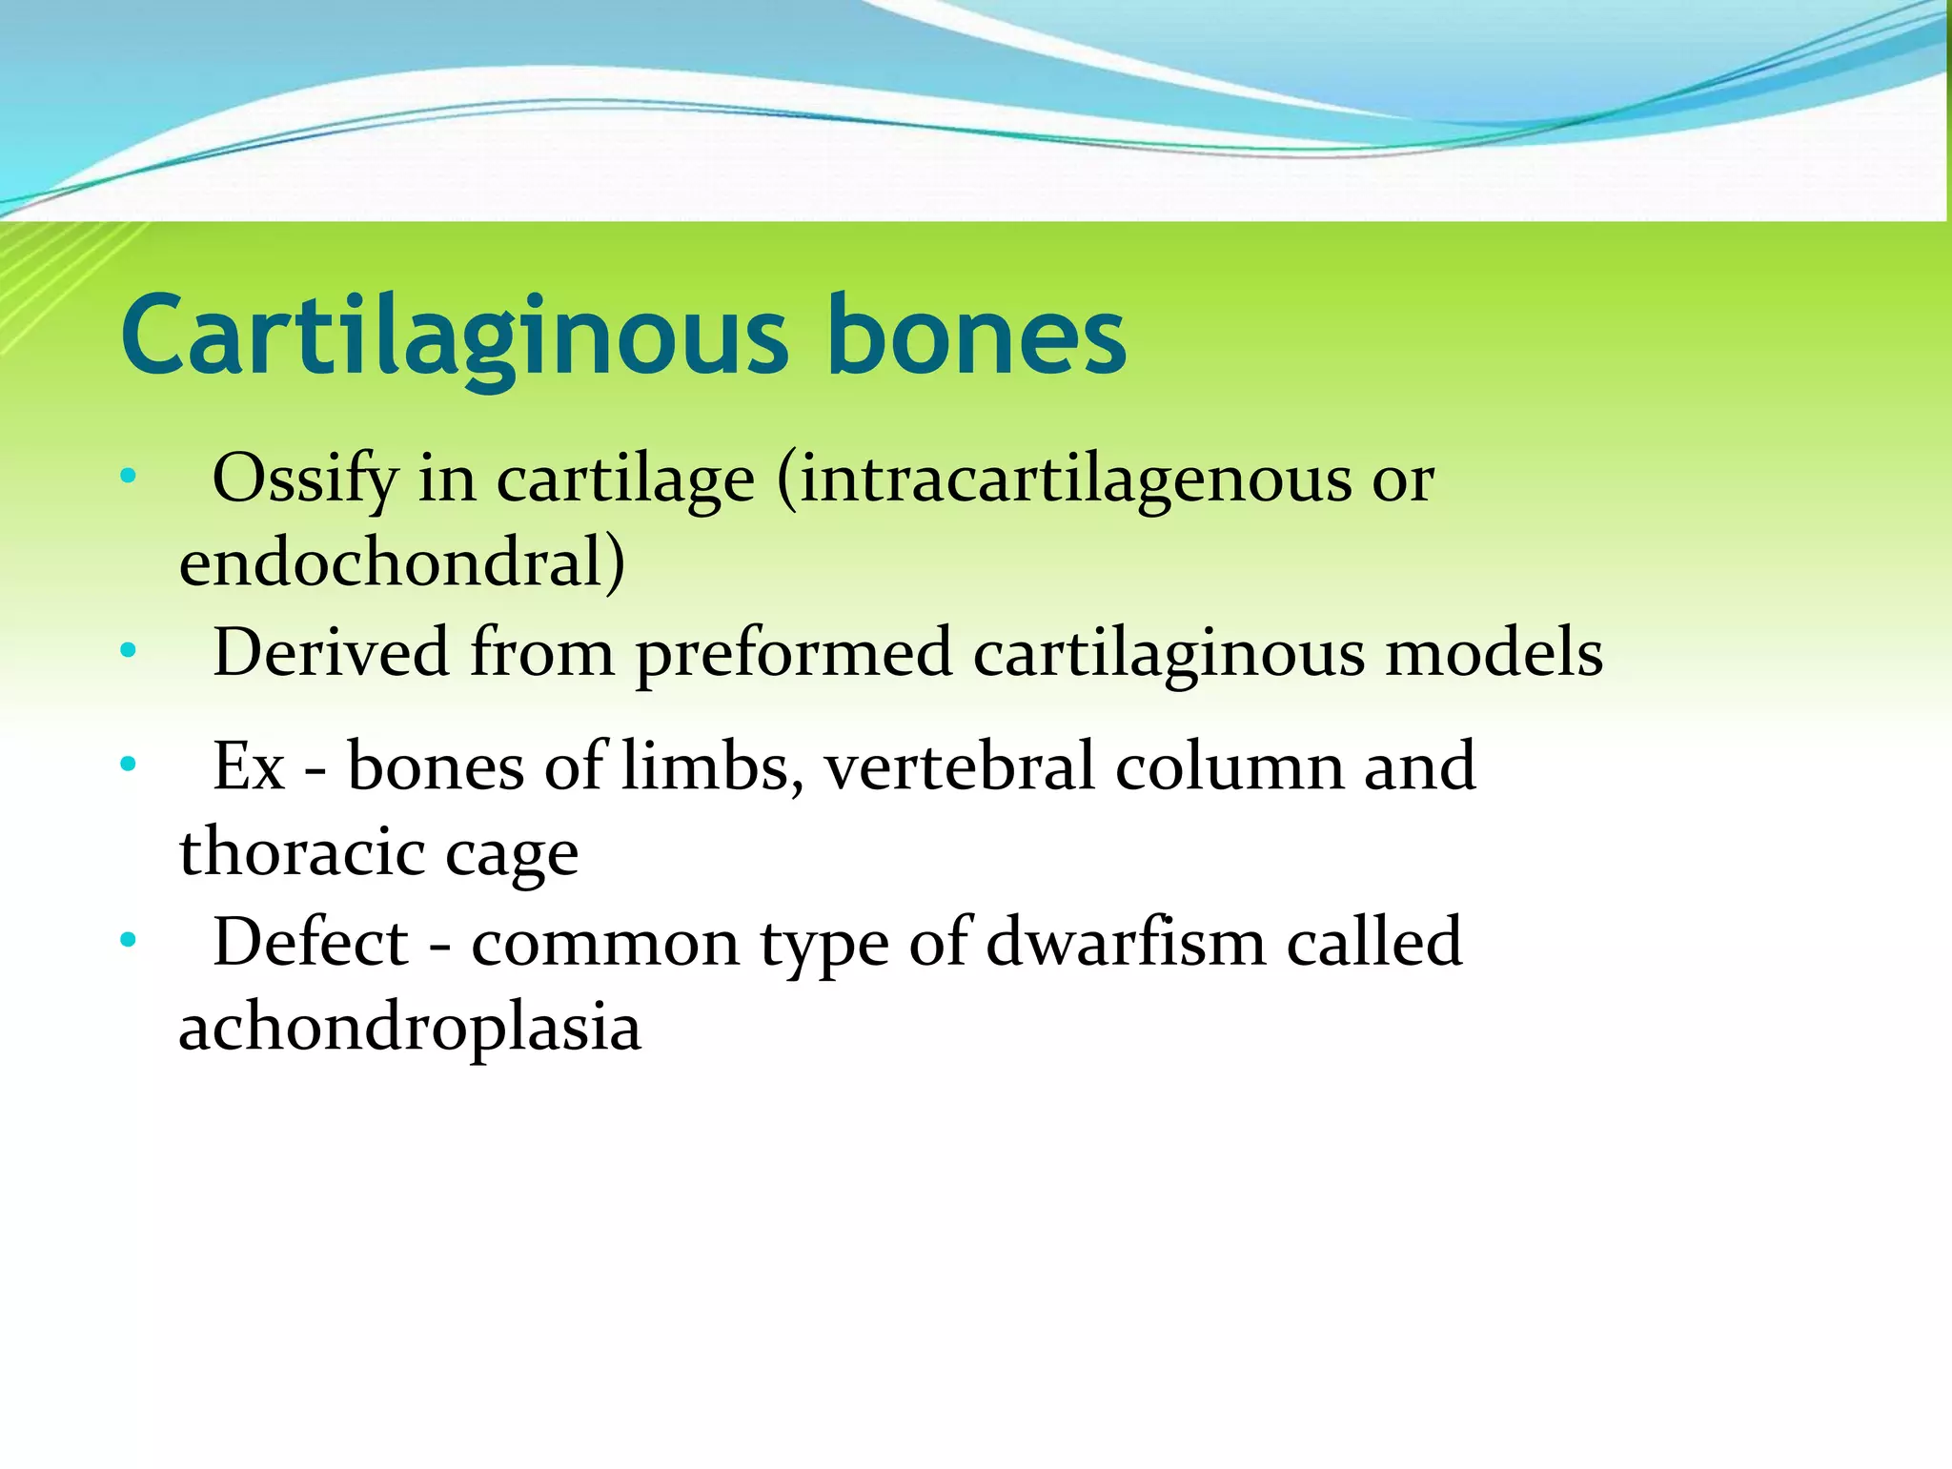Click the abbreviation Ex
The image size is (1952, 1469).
coord(249,767)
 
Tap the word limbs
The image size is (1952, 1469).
coord(711,767)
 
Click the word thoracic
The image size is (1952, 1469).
coord(301,852)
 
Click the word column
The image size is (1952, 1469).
coord(1229,767)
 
